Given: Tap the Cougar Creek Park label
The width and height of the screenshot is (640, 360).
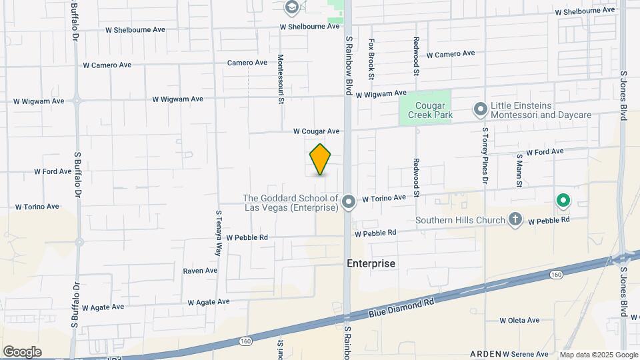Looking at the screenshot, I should [x=425, y=110].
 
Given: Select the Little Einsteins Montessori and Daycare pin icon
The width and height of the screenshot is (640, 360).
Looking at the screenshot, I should [x=480, y=109].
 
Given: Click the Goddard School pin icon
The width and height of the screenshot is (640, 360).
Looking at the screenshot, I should [x=348, y=202].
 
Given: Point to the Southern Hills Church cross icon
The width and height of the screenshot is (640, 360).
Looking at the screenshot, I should [x=515, y=219].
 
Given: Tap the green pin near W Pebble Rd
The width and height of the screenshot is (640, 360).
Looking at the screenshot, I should [x=563, y=199].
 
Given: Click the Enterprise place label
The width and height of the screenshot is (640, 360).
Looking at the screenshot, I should [x=371, y=263].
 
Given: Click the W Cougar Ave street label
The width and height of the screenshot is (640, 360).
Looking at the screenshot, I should [x=317, y=131].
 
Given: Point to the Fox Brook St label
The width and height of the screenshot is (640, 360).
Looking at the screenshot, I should [x=372, y=54].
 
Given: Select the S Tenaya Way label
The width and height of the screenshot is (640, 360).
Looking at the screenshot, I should [x=218, y=233].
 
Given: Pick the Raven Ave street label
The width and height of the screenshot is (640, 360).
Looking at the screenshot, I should [x=200, y=271].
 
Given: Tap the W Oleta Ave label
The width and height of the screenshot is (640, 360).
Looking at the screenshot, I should [x=519, y=321].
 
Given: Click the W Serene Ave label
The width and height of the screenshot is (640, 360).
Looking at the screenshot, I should [x=525, y=354].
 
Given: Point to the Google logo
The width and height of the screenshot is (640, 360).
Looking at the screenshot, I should [x=22, y=352].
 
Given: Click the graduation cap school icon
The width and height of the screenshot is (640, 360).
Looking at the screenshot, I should [x=291, y=7].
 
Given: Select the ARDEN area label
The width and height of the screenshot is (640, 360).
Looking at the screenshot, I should [x=485, y=354].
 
